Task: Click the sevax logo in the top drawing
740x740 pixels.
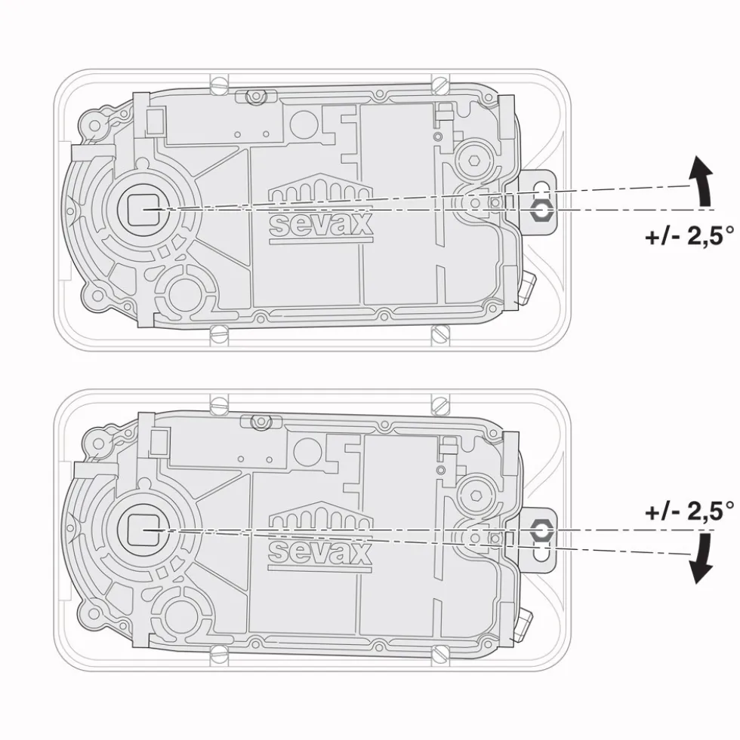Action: (321, 209)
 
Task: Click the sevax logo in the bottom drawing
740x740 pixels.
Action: (321, 536)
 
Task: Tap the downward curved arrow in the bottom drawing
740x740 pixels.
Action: (702, 558)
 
